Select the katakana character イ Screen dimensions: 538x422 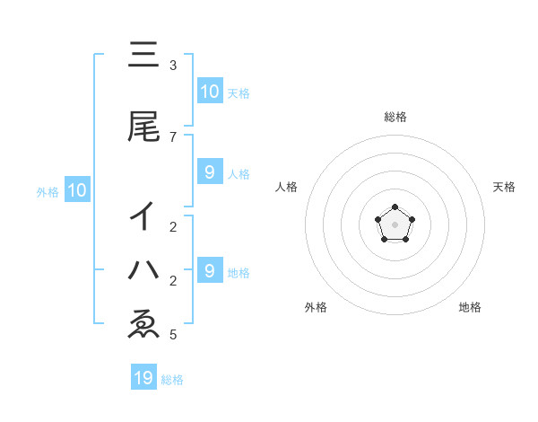(x=144, y=216)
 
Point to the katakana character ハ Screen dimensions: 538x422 (x=144, y=268)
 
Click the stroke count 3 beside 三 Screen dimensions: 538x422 (x=173, y=66)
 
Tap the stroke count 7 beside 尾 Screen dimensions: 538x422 (x=173, y=136)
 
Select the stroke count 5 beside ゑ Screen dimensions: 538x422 (x=173, y=335)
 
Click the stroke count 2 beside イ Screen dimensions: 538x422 (x=173, y=227)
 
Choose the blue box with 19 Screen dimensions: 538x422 (x=143, y=378)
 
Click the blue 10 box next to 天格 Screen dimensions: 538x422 (x=209, y=92)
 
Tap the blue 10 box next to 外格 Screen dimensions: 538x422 (x=76, y=190)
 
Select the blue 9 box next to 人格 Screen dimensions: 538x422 (x=209, y=172)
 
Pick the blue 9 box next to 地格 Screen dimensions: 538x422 (x=209, y=270)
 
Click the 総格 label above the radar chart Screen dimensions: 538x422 (x=395, y=117)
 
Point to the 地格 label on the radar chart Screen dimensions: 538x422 (x=470, y=307)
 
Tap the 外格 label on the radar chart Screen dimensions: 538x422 (x=316, y=307)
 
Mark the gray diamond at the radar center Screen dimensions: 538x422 (x=395, y=224)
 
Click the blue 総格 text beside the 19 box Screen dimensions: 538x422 (x=172, y=380)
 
